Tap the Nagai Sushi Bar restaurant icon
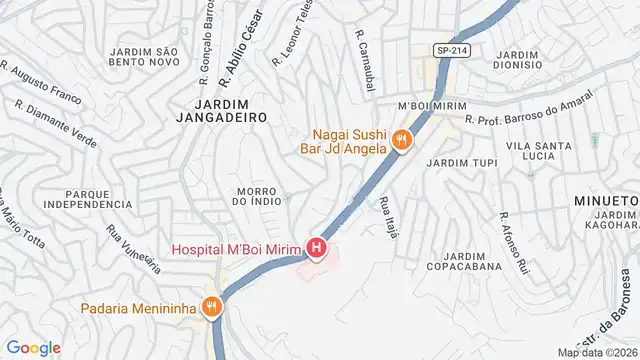[402, 141]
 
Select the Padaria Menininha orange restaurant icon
[211, 308]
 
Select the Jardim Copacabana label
[456, 262]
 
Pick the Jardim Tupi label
[461, 162]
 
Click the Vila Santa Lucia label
[538, 150]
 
